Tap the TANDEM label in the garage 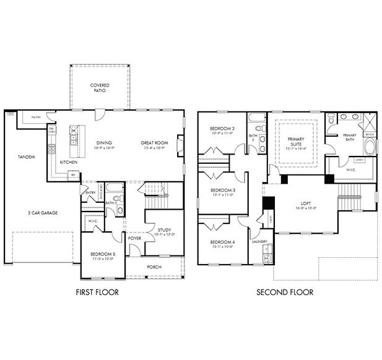25,157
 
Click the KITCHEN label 68,161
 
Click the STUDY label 164,230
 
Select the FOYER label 134,238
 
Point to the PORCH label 154,267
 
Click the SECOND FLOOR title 285,292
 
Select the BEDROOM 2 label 221,129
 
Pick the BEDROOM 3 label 222,190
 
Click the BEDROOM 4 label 222,242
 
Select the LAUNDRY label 259,242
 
